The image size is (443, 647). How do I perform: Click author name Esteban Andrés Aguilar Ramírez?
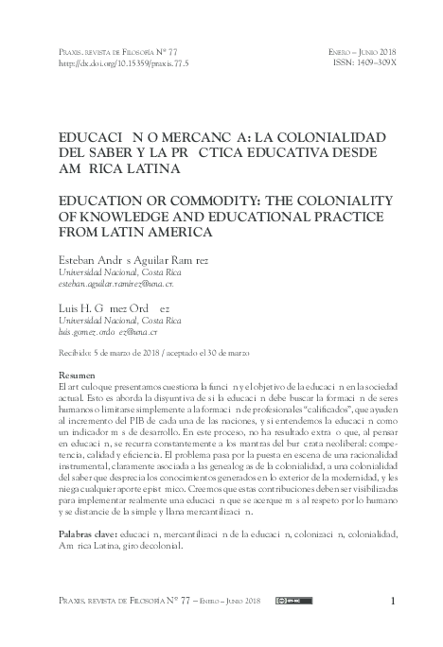(130, 256)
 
